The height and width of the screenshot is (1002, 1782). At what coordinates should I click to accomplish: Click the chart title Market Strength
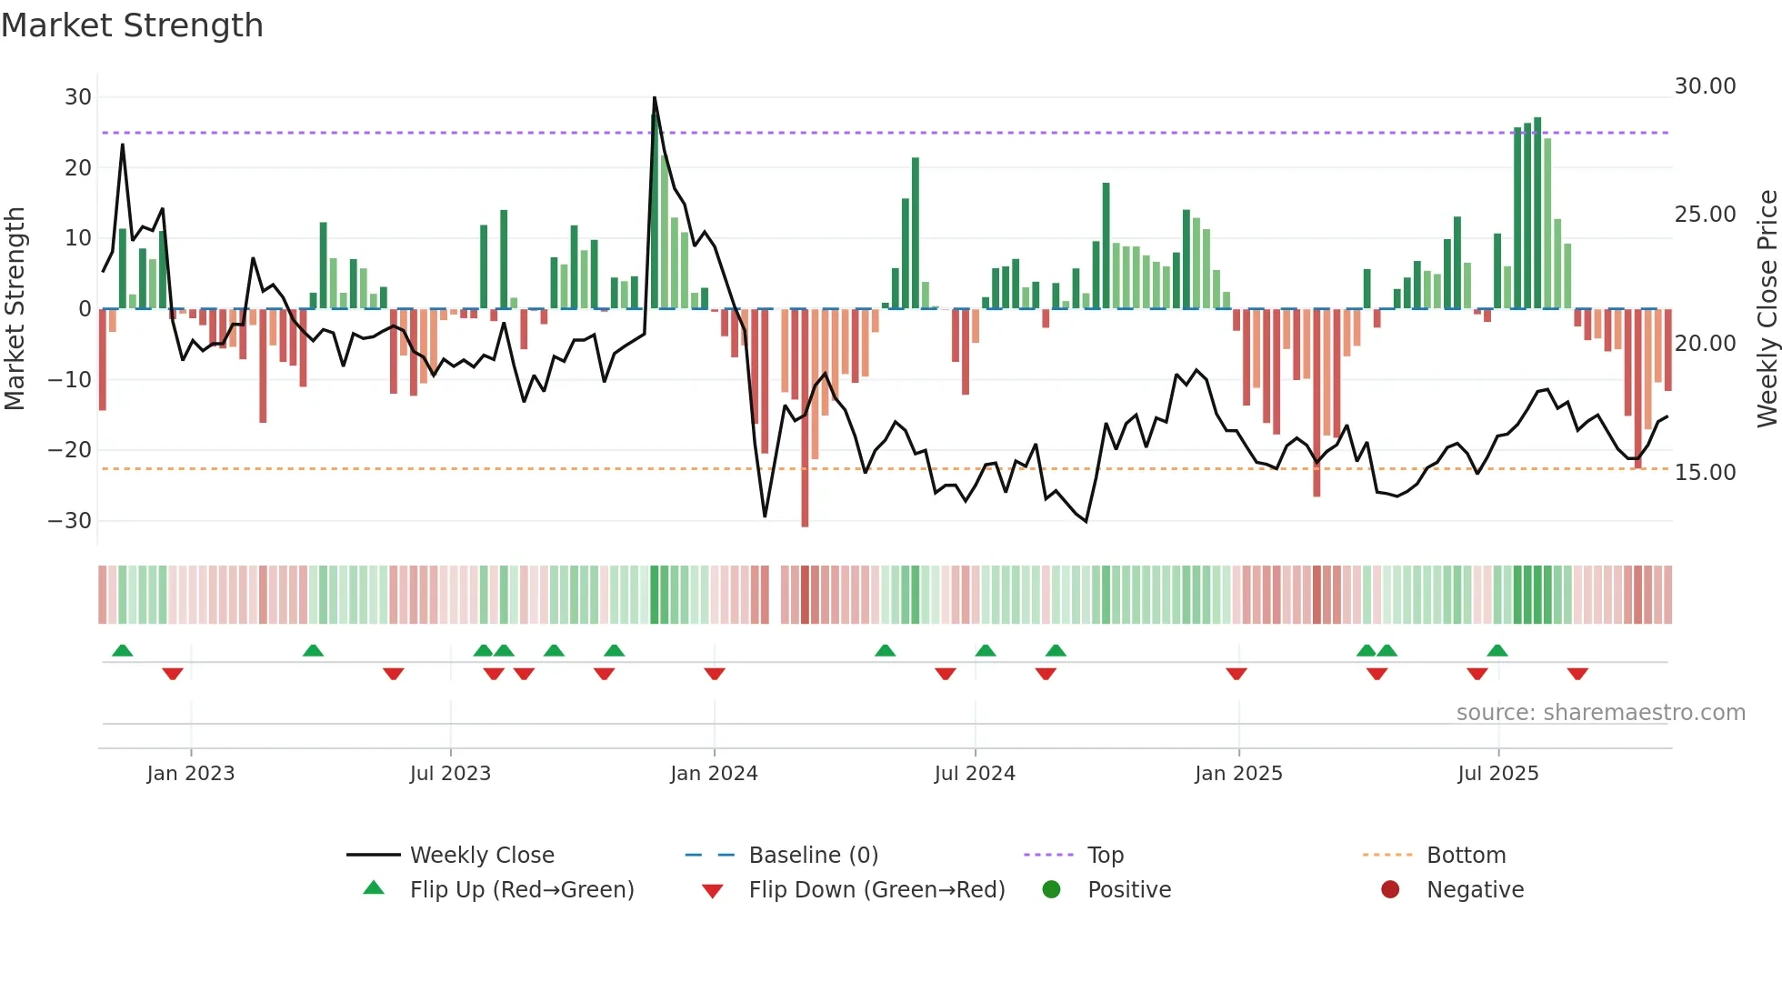tap(132, 25)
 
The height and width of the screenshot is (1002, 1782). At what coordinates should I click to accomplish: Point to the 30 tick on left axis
tap(78, 97)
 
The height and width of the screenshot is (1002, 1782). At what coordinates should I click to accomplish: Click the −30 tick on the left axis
tap(70, 521)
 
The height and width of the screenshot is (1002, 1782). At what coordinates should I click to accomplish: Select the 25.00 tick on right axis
tap(1705, 215)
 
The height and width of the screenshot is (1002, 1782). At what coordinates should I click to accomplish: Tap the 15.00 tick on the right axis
tap(1705, 473)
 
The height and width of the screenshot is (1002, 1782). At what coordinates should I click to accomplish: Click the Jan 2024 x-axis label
tap(714, 774)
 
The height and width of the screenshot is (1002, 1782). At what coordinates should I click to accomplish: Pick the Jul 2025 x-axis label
tap(1497, 774)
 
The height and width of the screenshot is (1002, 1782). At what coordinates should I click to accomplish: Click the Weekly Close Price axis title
tap(1767, 309)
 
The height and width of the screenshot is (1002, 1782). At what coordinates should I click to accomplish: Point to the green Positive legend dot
tap(1052, 889)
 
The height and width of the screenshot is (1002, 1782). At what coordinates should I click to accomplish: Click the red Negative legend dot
tap(1390, 889)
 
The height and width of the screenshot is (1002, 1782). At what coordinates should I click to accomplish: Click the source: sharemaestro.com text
tap(1600, 713)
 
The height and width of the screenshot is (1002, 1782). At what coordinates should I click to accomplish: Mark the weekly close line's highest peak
tap(655, 98)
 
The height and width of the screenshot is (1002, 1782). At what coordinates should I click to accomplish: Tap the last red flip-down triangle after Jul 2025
tap(1577, 674)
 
